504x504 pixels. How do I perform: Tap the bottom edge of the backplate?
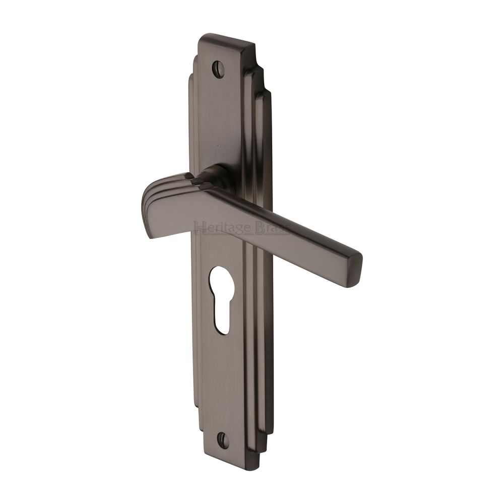click(237, 456)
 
